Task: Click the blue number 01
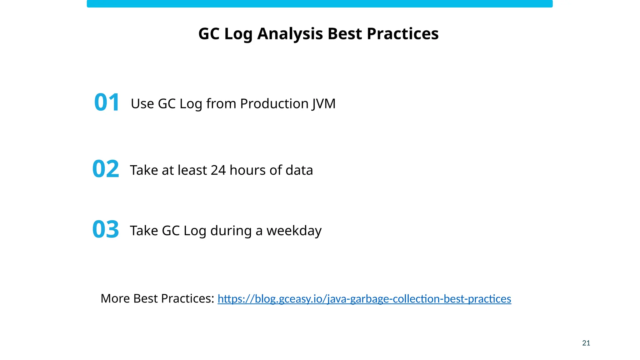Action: pos(107,102)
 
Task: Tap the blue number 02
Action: pos(106,169)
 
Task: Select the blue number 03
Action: pos(106,229)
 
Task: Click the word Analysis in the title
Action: pos(290,34)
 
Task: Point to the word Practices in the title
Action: pos(402,34)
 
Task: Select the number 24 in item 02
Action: pos(218,170)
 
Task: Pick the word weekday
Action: pos(294,231)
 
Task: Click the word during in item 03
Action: pos(231,231)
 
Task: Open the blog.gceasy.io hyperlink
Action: pos(364,299)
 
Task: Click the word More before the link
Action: pos(115,298)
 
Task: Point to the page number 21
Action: pos(586,343)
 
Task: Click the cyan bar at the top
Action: pos(319,4)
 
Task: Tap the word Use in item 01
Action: pos(142,104)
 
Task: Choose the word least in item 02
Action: pos(192,170)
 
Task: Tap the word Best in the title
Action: pos(345,34)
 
